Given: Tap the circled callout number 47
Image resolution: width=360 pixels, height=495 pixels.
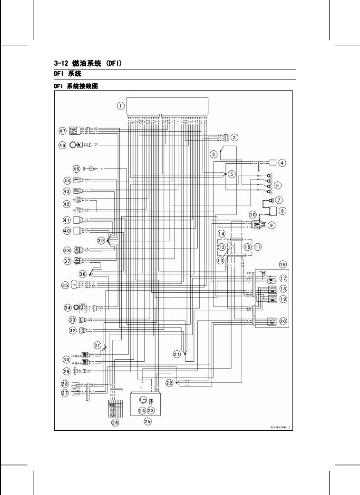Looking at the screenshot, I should tap(62, 130).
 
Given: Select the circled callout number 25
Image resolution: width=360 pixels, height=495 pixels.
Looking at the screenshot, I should tap(147, 421).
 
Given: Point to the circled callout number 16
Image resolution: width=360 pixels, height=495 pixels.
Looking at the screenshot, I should tap(282, 264).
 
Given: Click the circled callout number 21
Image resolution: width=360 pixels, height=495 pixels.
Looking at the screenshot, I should tap(177, 354).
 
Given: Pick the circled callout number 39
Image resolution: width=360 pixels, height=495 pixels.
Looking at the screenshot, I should tap(101, 241).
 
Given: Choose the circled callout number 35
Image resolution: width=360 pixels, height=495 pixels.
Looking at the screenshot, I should tap(65, 285).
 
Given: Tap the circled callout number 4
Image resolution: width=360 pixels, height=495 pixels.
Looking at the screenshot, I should tap(282, 163).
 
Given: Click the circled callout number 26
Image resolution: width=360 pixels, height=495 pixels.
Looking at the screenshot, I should tap(115, 422).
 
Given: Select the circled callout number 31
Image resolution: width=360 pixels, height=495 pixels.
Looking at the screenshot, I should tap(97, 345).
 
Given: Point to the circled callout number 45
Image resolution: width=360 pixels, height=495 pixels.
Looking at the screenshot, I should tap(77, 168).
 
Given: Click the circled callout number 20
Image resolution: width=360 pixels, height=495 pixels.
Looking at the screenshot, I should tap(283, 322).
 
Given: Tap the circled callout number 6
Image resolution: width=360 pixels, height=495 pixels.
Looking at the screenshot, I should tap(278, 185).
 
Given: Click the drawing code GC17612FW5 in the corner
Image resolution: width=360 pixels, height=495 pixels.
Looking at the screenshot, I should tap(278, 427).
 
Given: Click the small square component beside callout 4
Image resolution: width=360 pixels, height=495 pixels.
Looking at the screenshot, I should tap(273, 162).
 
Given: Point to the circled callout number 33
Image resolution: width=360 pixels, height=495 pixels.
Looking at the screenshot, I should tap(73, 320).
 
